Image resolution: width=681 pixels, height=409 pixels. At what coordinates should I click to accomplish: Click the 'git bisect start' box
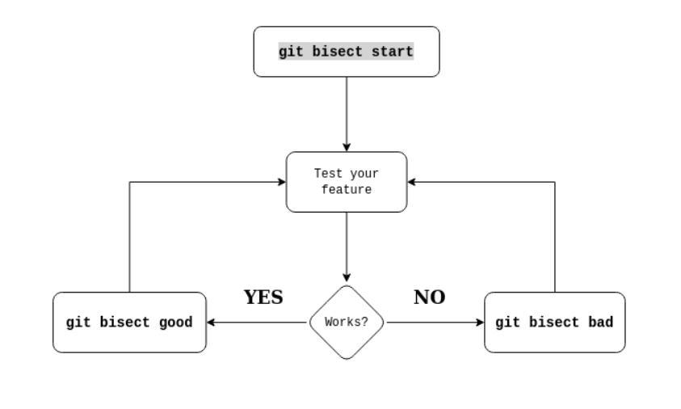(x=347, y=52)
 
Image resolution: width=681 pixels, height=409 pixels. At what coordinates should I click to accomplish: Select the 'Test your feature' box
(x=347, y=182)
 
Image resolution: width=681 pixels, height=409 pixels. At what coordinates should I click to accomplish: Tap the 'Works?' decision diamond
(x=347, y=322)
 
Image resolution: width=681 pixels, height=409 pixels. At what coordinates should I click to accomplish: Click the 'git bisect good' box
(x=129, y=323)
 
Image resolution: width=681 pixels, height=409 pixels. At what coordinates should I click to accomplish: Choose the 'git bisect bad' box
(x=554, y=323)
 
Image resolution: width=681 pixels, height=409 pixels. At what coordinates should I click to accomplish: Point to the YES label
(x=263, y=297)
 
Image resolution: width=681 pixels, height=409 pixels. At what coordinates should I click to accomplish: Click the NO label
(x=429, y=297)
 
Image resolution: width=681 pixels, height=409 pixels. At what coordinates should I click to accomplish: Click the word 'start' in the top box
(x=393, y=52)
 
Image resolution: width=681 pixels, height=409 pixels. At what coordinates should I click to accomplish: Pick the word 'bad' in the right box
(x=600, y=323)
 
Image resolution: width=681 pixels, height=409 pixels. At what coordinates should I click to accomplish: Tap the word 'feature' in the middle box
(x=347, y=190)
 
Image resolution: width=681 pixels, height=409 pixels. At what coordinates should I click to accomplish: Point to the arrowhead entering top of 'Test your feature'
(x=347, y=147)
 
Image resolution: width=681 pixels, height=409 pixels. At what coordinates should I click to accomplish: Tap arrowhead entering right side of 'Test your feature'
(x=412, y=182)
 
